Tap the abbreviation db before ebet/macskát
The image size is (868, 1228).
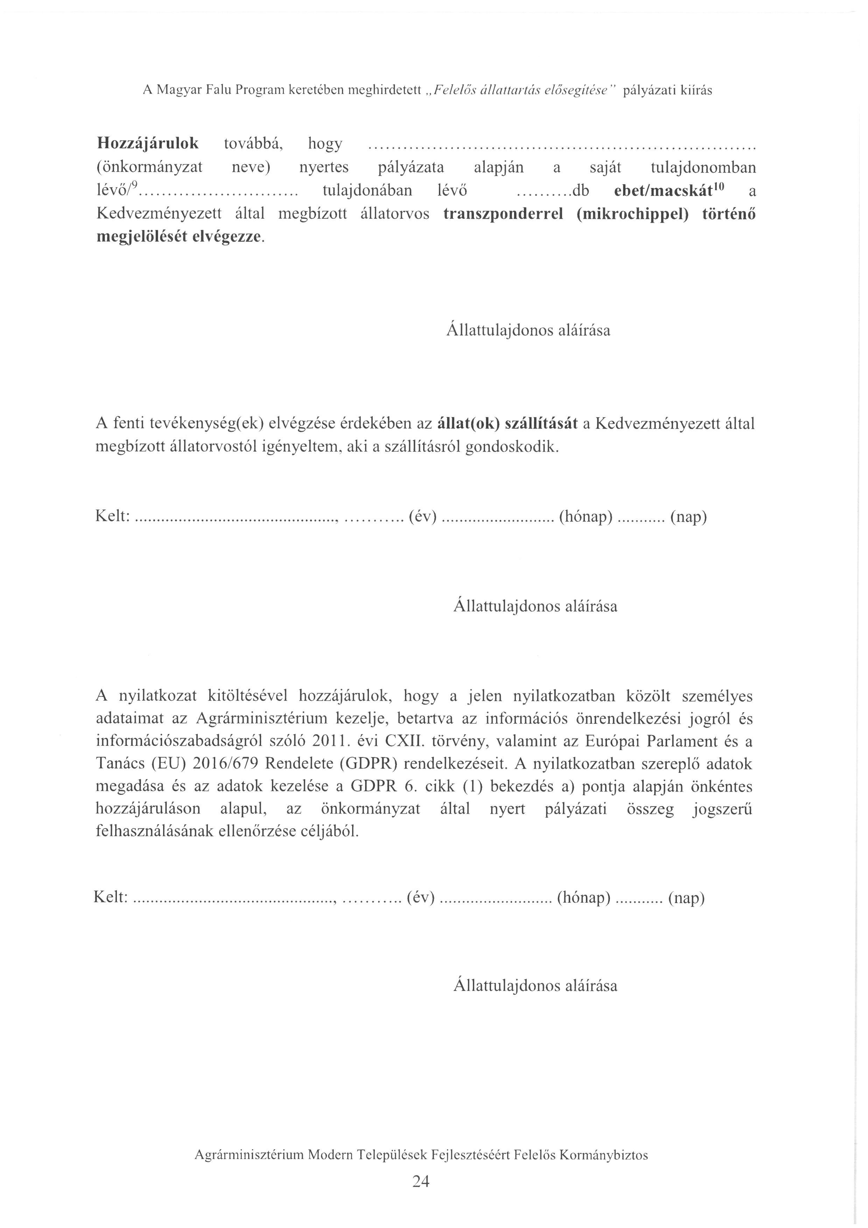[x=580, y=191]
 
